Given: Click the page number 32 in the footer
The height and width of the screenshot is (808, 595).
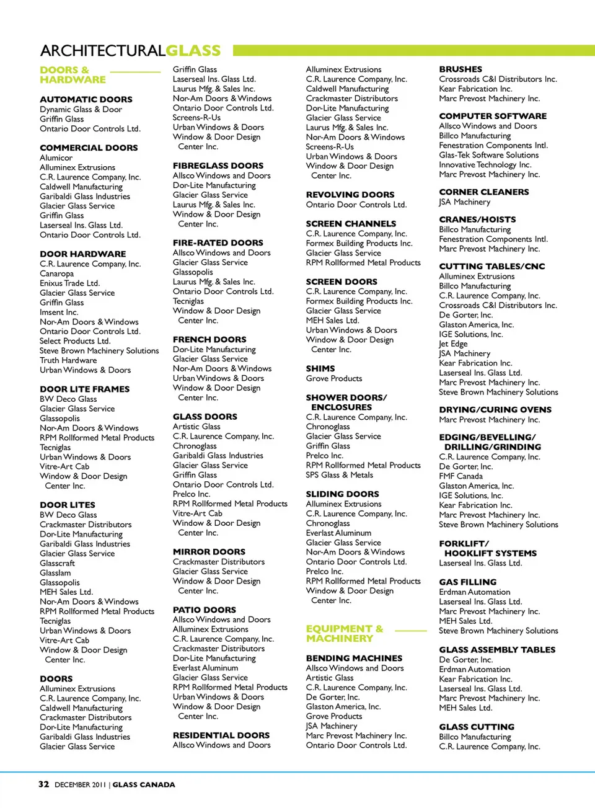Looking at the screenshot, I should point(43,784).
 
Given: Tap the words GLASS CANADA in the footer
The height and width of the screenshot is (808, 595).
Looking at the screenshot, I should point(144,784).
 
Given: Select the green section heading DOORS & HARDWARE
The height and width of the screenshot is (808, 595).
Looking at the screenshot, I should point(73,75).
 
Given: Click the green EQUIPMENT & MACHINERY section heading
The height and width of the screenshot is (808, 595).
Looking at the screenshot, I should point(345,633).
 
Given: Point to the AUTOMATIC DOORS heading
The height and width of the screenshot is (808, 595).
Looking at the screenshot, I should point(86,99).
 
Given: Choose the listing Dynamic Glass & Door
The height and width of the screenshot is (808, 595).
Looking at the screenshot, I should point(81,109).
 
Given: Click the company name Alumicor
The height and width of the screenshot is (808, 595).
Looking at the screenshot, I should point(56,158).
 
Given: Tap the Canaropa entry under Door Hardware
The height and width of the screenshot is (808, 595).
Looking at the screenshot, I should point(56,273).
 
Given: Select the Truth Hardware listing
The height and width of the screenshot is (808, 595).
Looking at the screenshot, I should point(68,360).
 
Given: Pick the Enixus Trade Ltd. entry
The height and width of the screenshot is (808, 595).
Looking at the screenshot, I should point(69,283).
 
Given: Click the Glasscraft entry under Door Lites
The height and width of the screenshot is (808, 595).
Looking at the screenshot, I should point(57,563).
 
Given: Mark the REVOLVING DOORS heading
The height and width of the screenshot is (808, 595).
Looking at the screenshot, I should point(350,195).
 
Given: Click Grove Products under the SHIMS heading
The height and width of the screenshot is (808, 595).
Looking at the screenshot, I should point(333,378).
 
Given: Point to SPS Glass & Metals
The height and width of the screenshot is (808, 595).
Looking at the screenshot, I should point(339,475).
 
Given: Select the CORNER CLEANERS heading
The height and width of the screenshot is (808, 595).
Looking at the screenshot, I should point(483,192).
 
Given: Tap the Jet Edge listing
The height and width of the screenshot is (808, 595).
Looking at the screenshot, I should point(453,344).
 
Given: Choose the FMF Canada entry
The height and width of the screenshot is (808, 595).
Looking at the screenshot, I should point(461,476).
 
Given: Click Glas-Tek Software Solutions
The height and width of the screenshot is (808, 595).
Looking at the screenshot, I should point(488,155).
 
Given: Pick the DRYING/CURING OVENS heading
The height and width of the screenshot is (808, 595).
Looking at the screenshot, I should point(495,410).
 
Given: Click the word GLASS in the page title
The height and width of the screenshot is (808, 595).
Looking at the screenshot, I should point(193,51).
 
